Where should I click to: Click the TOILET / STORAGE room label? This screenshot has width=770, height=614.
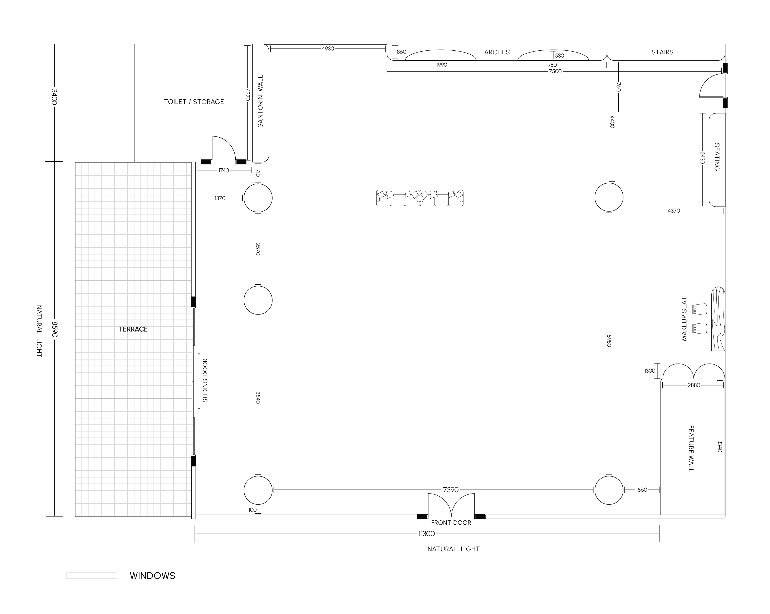coord(194,102)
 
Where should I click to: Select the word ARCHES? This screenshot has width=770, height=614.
coord(497,52)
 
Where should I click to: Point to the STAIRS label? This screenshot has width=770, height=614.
coord(662,52)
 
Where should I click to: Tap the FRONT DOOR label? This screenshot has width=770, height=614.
coord(451,523)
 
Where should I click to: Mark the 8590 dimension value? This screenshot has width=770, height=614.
coord(54,329)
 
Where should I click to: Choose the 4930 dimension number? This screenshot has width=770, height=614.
coord(328,49)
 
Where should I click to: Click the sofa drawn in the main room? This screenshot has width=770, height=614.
coord(420,198)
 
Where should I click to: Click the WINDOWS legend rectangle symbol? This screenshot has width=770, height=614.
coord(92,575)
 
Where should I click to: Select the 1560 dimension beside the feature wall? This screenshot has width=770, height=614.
coord(641,490)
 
